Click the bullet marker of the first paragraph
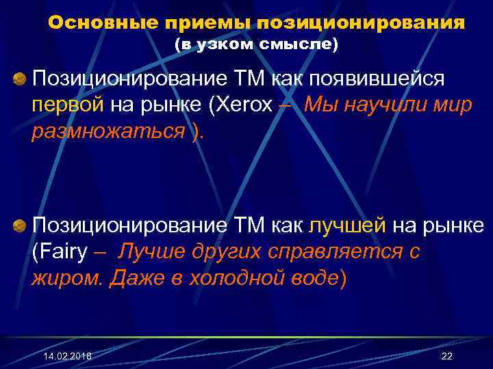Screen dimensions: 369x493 [x=20, y=80]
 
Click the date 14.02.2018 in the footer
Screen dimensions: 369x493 [x=67, y=357]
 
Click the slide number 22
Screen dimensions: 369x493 [x=447, y=357]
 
